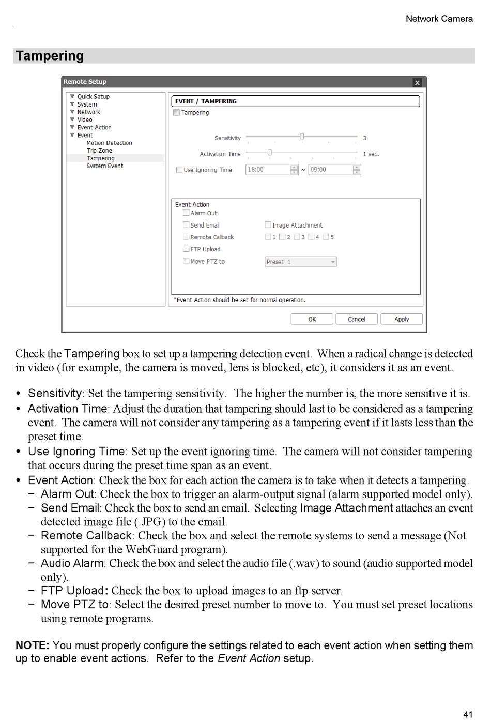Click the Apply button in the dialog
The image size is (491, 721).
point(401,319)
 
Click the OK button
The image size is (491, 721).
point(312,319)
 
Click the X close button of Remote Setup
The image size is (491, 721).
point(417,82)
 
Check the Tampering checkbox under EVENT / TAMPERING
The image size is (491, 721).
point(176,113)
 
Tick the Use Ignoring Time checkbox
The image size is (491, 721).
point(179,170)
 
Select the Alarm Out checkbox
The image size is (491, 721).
point(186,213)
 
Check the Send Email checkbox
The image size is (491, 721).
point(186,225)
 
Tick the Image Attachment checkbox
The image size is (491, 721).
point(268,225)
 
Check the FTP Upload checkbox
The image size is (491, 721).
point(186,249)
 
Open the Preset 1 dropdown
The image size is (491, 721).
point(301,262)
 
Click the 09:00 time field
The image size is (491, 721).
point(330,170)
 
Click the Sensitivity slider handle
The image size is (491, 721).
point(302,137)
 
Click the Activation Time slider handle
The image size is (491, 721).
point(269,153)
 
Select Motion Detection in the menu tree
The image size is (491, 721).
point(109,143)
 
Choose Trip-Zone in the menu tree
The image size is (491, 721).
point(99,151)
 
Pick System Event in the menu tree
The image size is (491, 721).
point(104,166)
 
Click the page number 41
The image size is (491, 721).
point(468,714)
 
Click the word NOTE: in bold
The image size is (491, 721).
point(32,645)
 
